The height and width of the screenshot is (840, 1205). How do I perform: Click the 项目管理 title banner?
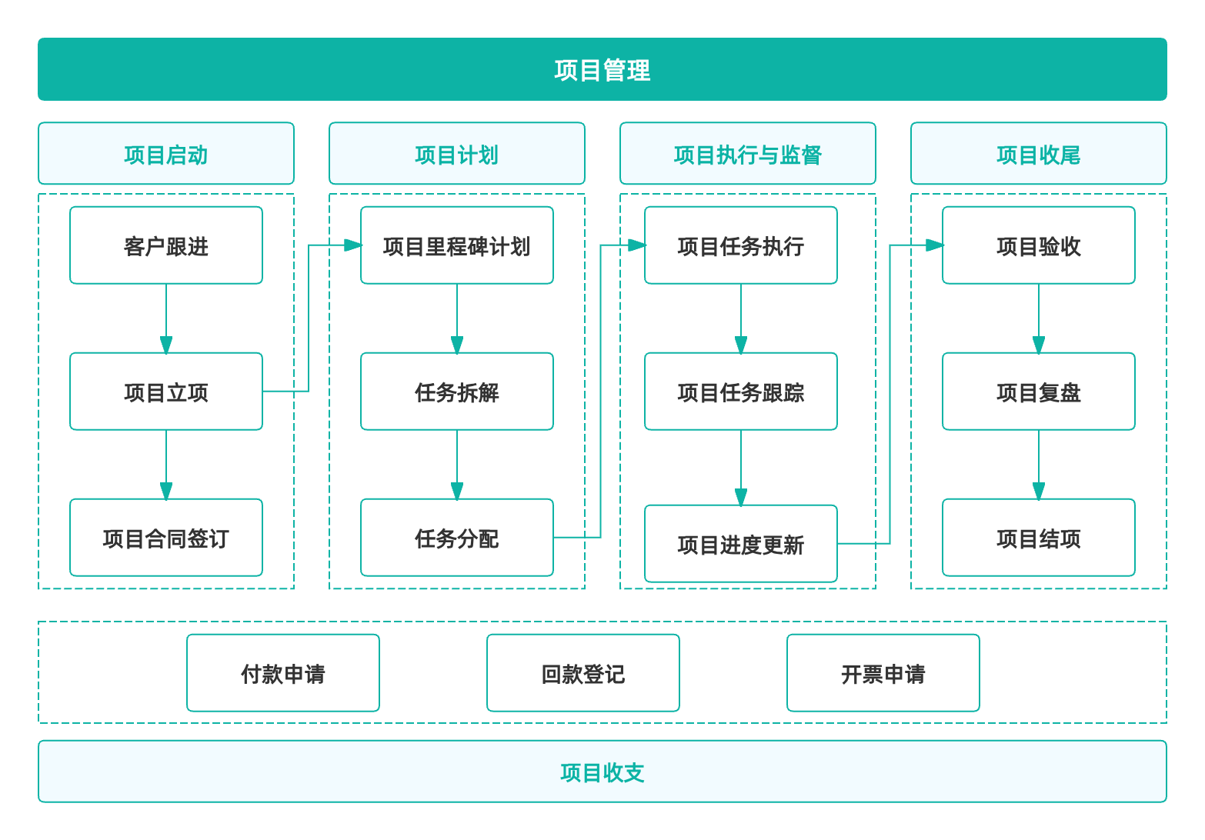(602, 69)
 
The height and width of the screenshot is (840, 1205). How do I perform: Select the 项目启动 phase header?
(166, 154)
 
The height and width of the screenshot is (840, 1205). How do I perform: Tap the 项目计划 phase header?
(457, 154)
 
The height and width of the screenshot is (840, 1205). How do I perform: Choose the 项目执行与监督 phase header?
(747, 154)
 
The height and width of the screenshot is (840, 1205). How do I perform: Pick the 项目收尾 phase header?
(1038, 154)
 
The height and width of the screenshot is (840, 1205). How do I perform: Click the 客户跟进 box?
(166, 245)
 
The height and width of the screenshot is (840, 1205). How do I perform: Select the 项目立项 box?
(166, 392)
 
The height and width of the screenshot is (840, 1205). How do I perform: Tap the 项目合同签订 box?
(166, 538)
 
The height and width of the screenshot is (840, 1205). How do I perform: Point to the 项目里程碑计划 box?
(457, 245)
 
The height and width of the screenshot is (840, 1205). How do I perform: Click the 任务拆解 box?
(457, 392)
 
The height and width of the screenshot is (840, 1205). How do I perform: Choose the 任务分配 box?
(457, 538)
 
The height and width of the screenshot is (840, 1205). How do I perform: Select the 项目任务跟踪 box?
(740, 392)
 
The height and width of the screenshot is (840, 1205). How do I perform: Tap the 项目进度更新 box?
(740, 544)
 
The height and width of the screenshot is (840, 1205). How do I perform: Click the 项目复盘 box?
(1038, 392)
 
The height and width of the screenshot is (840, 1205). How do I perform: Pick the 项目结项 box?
(1038, 538)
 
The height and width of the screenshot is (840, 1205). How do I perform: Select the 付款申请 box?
(283, 673)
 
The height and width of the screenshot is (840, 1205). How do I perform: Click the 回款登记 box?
(583, 673)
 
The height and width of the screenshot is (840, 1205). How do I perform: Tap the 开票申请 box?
(883, 673)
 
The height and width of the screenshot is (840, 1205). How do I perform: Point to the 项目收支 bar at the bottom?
(602, 772)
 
